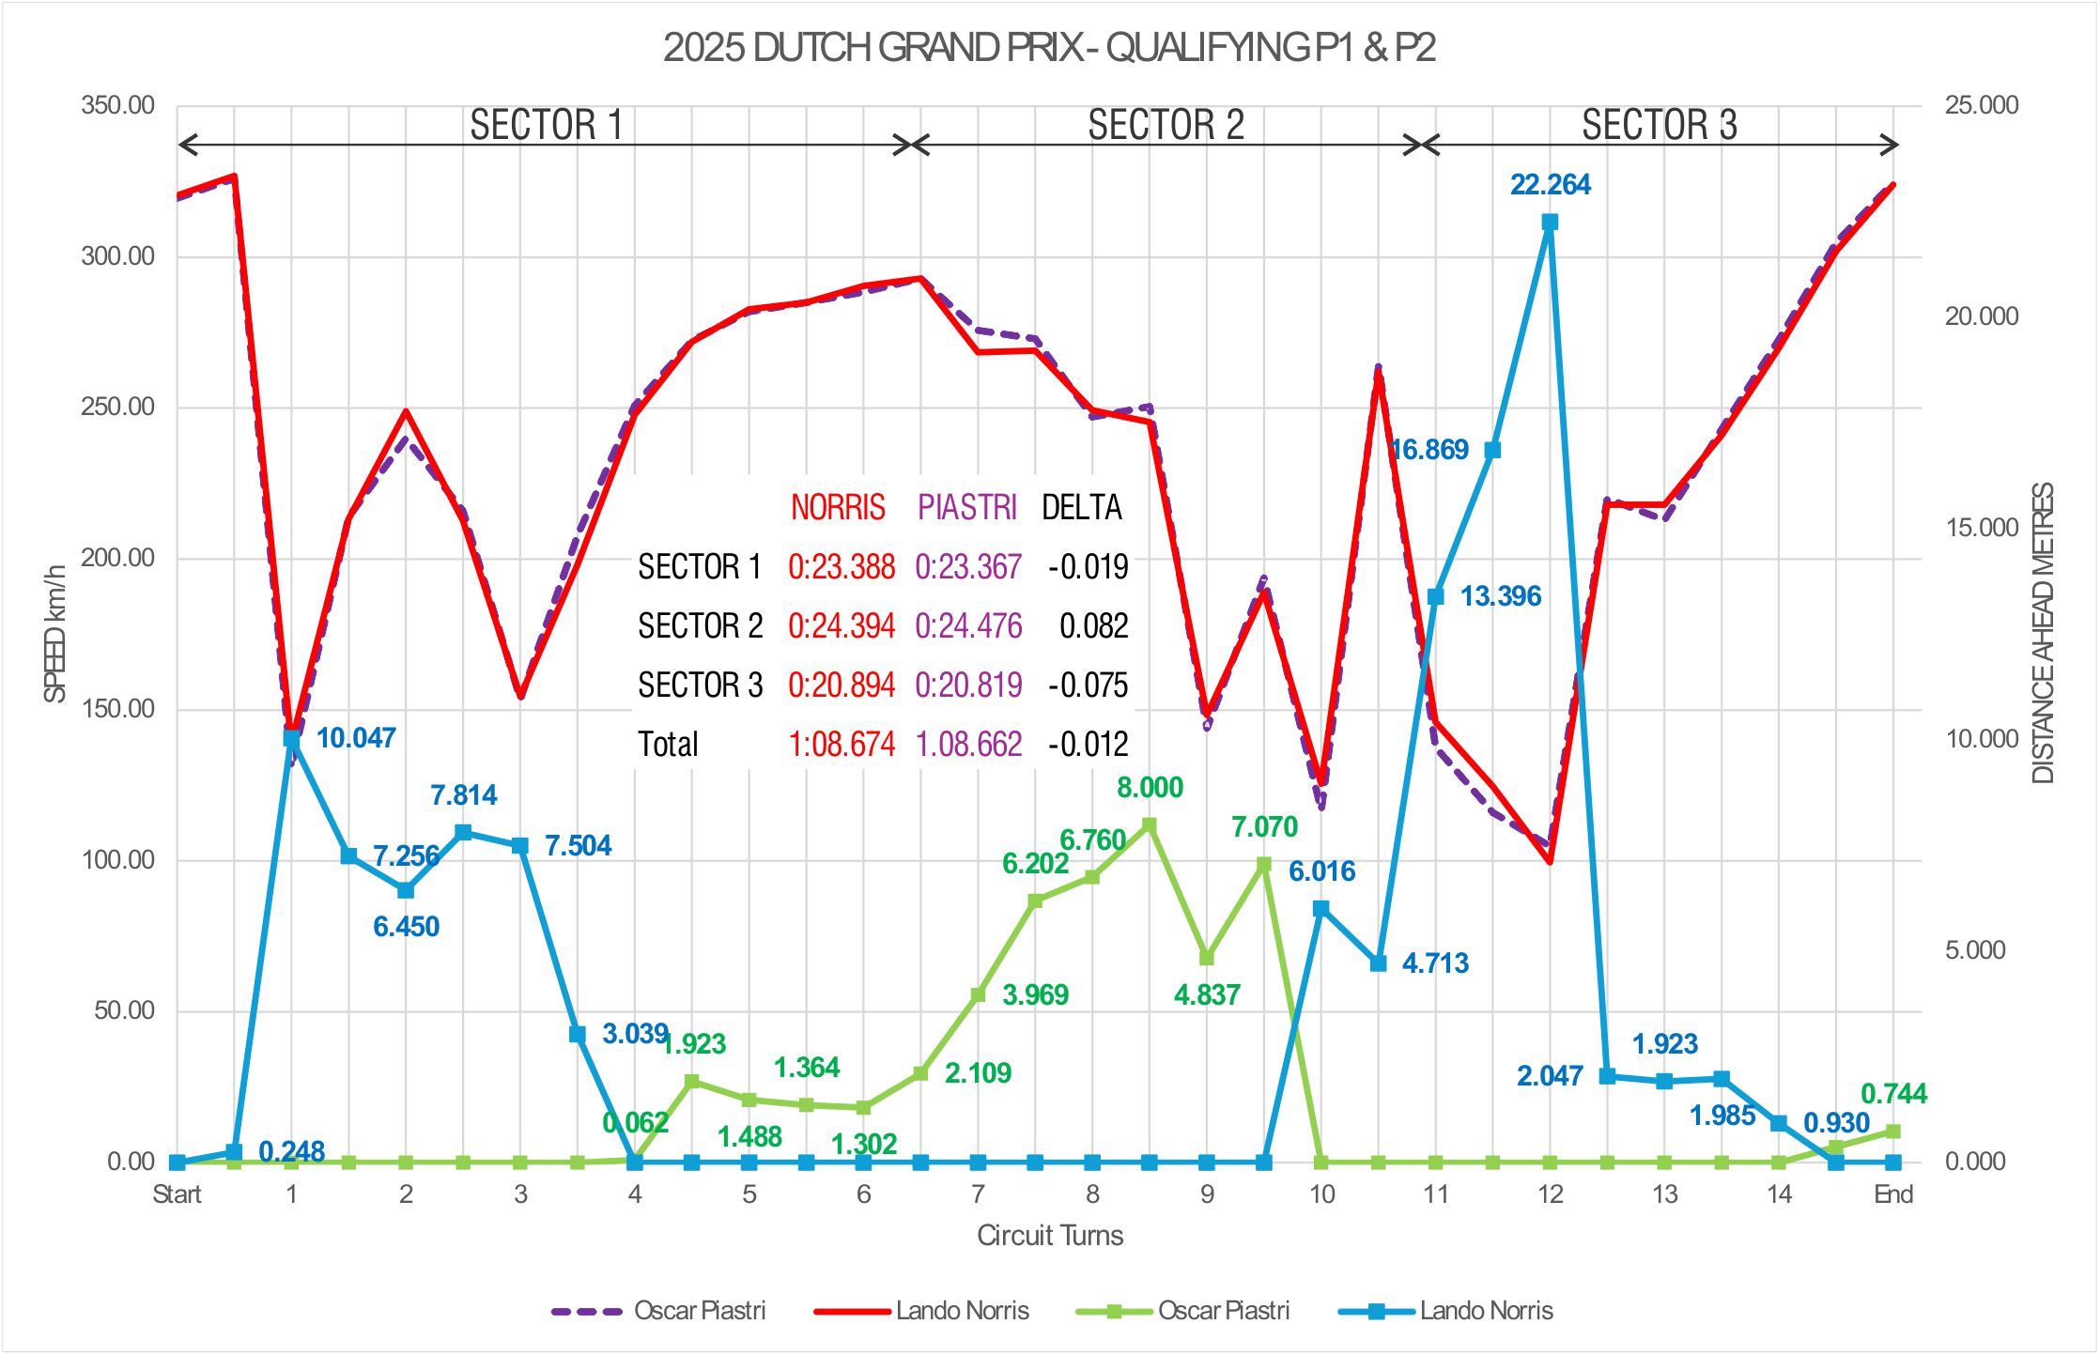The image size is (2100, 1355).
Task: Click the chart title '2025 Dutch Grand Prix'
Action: (1049, 48)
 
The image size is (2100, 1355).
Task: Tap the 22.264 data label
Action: (1550, 185)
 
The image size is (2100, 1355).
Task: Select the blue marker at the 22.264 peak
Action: (1550, 223)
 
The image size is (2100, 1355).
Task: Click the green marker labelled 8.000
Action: (1149, 825)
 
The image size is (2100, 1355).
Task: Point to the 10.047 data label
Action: (356, 738)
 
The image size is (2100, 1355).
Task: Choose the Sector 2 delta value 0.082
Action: (1093, 626)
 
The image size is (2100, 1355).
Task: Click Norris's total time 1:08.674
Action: (841, 745)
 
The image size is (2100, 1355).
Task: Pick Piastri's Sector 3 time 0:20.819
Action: (968, 685)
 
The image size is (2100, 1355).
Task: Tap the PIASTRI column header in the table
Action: (967, 508)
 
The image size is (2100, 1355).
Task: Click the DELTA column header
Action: (1082, 508)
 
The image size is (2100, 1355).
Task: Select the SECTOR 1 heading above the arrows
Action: (546, 125)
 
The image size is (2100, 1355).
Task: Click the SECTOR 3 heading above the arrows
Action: (1659, 125)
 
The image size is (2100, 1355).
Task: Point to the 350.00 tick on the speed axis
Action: (117, 105)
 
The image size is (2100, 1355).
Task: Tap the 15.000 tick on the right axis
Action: (1981, 528)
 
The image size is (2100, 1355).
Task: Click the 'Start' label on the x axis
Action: (177, 1194)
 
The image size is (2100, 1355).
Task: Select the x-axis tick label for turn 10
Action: (1320, 1194)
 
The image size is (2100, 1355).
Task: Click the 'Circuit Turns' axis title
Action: (1049, 1236)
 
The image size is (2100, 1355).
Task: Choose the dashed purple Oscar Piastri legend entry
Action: (658, 1311)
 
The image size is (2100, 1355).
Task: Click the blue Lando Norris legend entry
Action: (1446, 1311)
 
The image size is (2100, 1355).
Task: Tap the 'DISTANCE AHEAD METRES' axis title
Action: (2044, 633)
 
